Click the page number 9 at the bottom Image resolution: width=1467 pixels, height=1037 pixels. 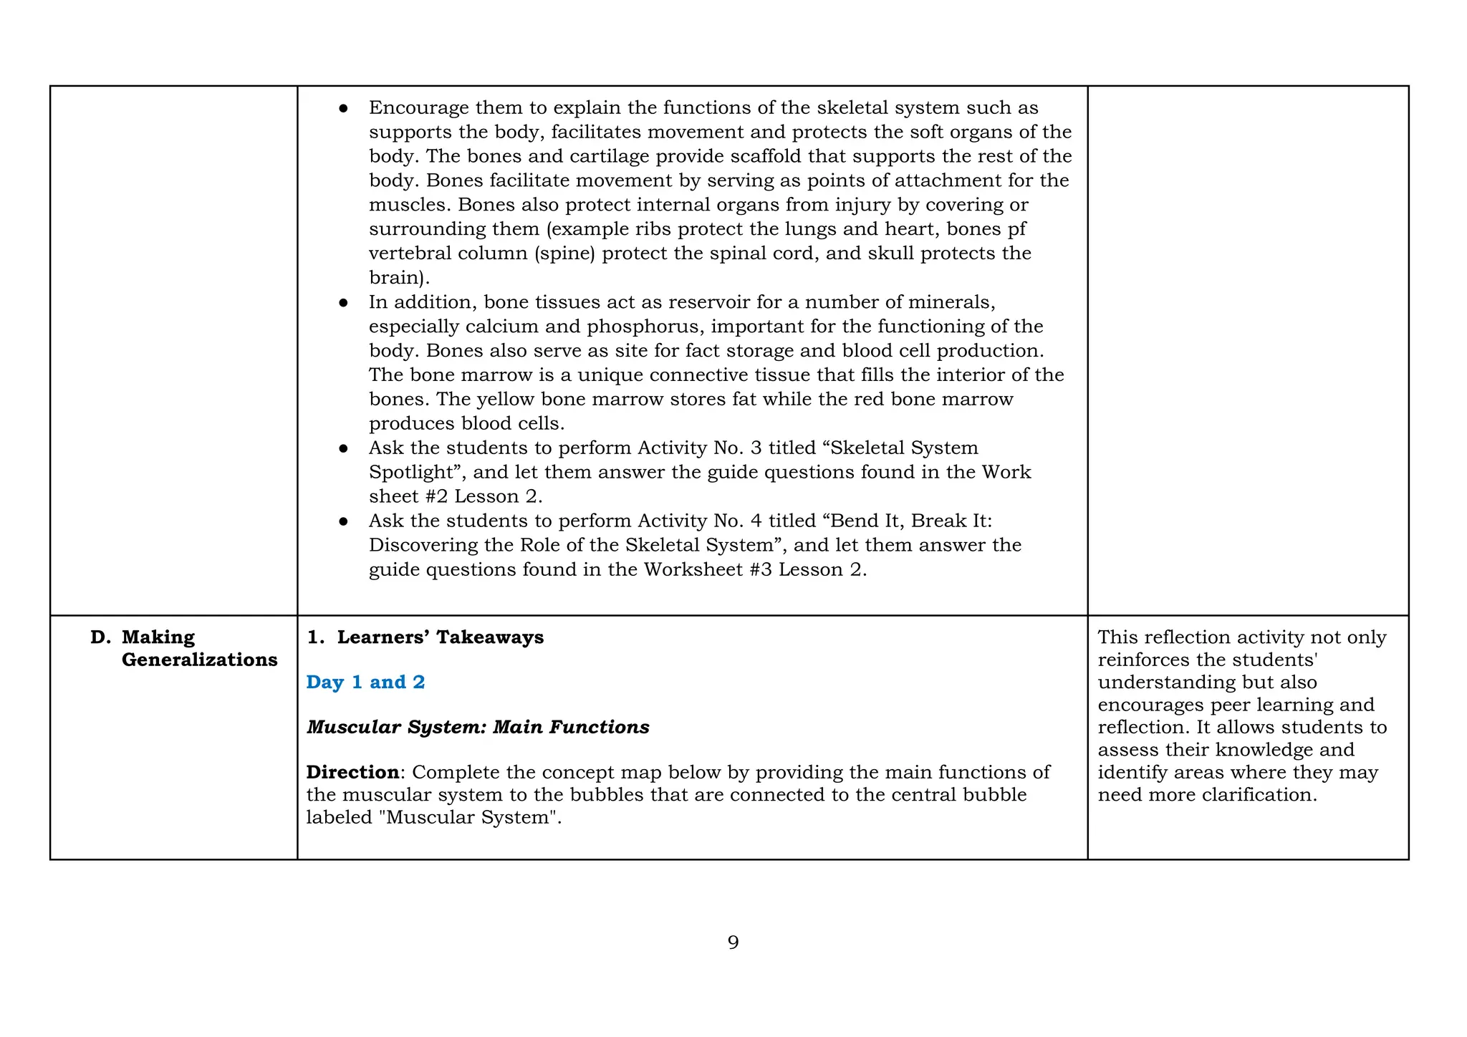(x=733, y=942)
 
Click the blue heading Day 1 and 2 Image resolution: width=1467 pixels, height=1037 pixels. (x=365, y=682)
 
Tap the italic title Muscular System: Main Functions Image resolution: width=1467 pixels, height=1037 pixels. (x=478, y=727)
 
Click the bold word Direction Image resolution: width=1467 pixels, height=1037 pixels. (x=352, y=772)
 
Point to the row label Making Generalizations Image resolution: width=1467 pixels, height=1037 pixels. (x=198, y=648)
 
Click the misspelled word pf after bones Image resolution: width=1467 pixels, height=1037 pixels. (x=1015, y=229)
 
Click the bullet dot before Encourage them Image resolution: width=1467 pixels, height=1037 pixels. (x=343, y=108)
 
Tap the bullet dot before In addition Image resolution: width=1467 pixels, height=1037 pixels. (x=343, y=302)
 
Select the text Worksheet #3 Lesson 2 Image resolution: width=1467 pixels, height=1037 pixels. (x=755, y=569)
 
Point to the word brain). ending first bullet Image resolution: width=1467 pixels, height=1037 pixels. (x=399, y=278)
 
